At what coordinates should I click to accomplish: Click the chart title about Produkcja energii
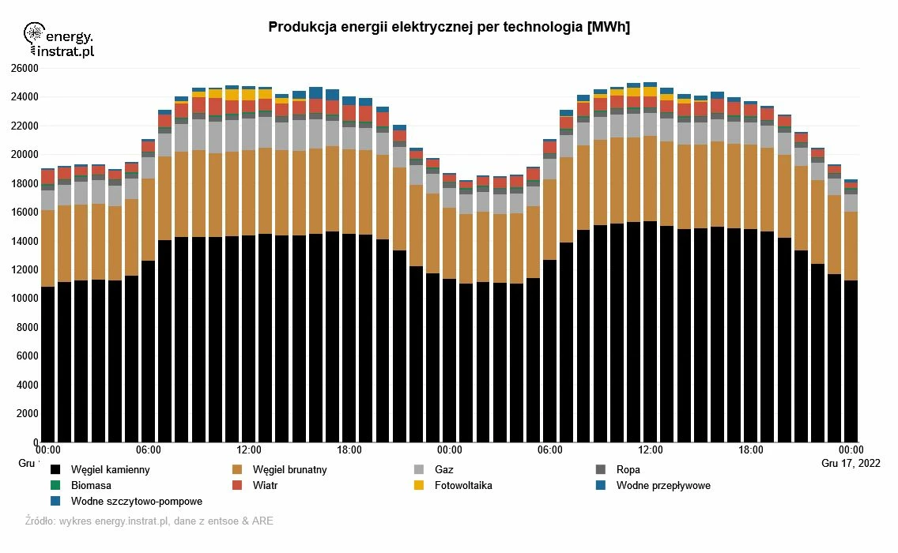pos(449,28)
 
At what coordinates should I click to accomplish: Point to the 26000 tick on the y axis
pos(25,69)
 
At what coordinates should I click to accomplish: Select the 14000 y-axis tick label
pos(25,241)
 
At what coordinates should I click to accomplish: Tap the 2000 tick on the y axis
pos(27,413)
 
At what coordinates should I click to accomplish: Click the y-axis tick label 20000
pos(25,155)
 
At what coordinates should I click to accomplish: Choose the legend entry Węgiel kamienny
pos(110,470)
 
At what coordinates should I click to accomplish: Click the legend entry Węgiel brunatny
pos(289,470)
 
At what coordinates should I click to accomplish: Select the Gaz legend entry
pos(443,470)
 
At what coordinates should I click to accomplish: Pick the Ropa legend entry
pos(628,470)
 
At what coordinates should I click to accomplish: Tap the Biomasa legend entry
pos(91,486)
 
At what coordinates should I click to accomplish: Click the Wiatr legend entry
pos(265,486)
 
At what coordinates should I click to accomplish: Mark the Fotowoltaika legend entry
pos(463,486)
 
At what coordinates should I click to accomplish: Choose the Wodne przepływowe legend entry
pos(662,486)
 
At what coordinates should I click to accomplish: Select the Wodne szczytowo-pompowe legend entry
pos(136,502)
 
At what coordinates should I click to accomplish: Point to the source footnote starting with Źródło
pos(149,521)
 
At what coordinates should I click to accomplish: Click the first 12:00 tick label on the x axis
pos(249,450)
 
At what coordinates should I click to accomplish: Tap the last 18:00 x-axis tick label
pos(751,450)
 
